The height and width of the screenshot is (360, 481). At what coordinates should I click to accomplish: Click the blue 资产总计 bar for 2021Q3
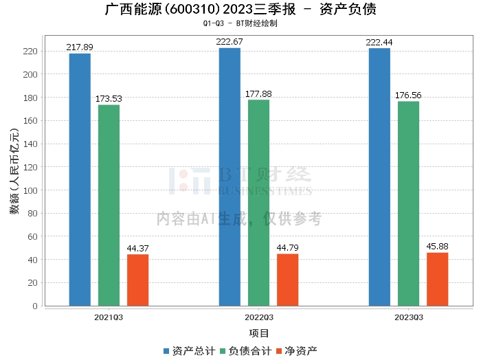tap(80, 179)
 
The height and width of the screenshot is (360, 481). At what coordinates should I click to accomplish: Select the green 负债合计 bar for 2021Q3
tap(109, 205)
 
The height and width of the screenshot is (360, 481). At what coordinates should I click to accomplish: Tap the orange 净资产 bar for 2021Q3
tap(137, 280)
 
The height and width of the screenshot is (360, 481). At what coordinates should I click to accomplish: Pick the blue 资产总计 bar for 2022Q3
tap(230, 177)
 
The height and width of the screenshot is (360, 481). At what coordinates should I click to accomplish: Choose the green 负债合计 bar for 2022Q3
tap(258, 203)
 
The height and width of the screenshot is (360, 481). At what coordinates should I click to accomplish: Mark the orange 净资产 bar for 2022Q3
tap(287, 280)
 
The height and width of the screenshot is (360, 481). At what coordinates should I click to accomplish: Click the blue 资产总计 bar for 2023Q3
tap(379, 177)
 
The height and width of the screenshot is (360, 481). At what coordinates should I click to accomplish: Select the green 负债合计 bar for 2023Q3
tap(408, 203)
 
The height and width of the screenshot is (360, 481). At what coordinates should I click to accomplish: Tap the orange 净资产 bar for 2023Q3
tap(437, 279)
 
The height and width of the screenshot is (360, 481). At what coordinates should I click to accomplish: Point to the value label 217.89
tap(80, 47)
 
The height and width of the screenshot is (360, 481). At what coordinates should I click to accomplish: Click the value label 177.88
tap(259, 94)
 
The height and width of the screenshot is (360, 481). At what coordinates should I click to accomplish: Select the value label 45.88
tap(438, 247)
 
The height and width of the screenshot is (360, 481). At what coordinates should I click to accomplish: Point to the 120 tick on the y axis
tap(30, 167)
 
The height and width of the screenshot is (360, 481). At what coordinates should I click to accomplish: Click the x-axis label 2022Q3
tap(259, 317)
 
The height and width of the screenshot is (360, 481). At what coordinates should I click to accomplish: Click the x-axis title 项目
tap(259, 333)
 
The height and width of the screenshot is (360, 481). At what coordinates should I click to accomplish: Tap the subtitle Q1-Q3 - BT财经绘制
tap(240, 23)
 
